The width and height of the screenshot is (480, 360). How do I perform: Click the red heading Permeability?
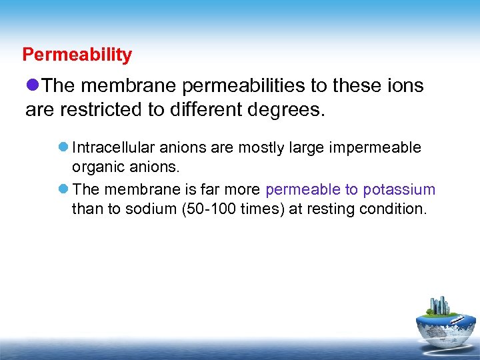[77, 55]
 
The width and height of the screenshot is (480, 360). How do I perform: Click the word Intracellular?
[113, 147]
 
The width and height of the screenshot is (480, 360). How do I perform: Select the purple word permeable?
[303, 190]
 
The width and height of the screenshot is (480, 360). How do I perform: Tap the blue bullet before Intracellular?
[61, 147]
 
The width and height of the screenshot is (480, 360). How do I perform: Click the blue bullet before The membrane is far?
[61, 190]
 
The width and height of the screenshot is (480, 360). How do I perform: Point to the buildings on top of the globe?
[440, 305]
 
